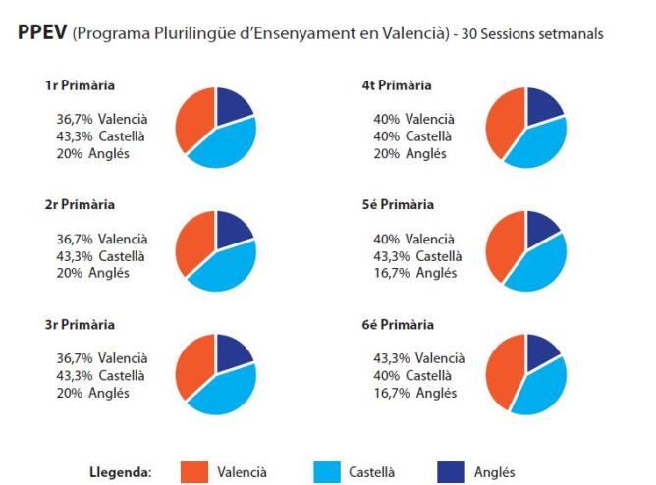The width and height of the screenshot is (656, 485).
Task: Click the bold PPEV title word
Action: pyautogui.click(x=42, y=33)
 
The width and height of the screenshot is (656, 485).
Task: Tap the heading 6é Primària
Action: pyautogui.click(x=398, y=325)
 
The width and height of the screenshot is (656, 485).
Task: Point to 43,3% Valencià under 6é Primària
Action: pyautogui.click(x=418, y=357)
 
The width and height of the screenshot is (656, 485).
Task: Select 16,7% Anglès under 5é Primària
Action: pyautogui.click(x=414, y=273)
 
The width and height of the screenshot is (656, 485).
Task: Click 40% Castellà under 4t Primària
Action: pyautogui.click(x=413, y=135)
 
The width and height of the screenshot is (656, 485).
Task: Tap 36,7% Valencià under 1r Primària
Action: pyautogui.click(x=102, y=119)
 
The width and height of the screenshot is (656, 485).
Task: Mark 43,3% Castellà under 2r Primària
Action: pyautogui.click(x=100, y=255)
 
